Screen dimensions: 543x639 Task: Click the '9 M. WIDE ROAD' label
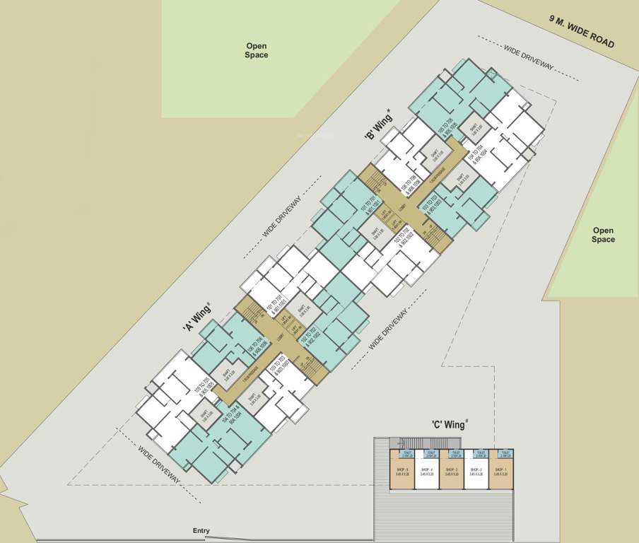point(582,33)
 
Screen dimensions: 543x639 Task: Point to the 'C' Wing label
point(450,425)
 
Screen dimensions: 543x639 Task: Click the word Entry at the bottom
point(201,530)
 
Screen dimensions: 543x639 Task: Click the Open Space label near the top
point(257,50)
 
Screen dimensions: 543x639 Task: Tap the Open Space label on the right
point(603,235)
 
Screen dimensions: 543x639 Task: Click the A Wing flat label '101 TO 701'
point(276,309)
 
